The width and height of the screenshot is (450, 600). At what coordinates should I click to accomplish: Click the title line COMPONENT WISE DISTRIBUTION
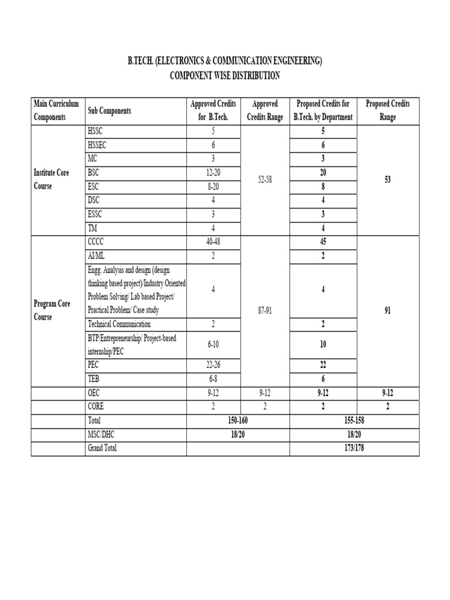[x=224, y=76]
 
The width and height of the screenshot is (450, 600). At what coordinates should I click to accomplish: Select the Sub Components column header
[x=109, y=111]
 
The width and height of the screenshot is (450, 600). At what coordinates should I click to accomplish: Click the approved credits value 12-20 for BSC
[x=213, y=173]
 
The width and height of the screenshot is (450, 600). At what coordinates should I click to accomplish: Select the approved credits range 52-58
[x=265, y=180]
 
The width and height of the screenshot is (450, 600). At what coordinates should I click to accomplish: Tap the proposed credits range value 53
[x=387, y=180]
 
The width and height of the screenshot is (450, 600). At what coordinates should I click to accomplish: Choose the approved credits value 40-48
[x=213, y=241]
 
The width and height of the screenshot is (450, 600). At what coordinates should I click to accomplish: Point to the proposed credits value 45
[x=323, y=241]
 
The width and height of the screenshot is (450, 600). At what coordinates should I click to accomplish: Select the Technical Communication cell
[x=119, y=324]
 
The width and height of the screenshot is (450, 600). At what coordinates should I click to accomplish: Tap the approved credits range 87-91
[x=265, y=311]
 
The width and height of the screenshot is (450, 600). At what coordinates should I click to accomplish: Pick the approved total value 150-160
[x=238, y=420]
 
